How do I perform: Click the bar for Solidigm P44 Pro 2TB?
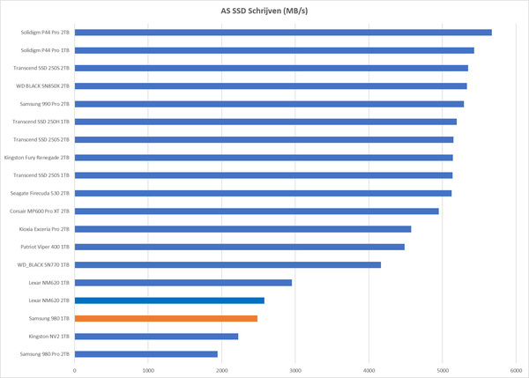pyautogui.click(x=282, y=33)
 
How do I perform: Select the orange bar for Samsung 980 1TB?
pyautogui.click(x=166, y=318)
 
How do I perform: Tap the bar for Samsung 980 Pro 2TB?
pyautogui.click(x=145, y=354)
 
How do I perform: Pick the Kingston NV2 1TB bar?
pyautogui.click(x=156, y=336)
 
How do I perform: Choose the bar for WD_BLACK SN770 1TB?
pyautogui.click(x=227, y=264)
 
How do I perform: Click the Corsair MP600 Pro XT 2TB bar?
pyautogui.click(x=257, y=211)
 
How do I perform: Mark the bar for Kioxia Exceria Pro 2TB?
pyautogui.click(x=242, y=229)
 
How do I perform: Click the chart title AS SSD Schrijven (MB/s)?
pyautogui.click(x=264, y=11)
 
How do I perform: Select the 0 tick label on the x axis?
pyautogui.click(x=75, y=370)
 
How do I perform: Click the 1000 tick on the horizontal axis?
pyautogui.click(x=148, y=370)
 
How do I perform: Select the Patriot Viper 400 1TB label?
pyautogui.click(x=44, y=247)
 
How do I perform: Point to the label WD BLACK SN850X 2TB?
pyautogui.click(x=43, y=86)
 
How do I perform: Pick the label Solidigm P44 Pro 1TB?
pyautogui.click(x=45, y=50)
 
